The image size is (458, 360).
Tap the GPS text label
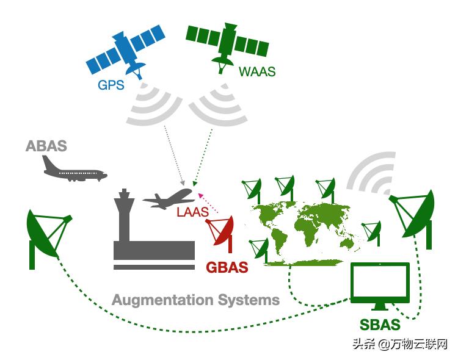pos(111,85)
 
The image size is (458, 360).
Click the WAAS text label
pos(256,71)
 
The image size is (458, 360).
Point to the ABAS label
pos(46,146)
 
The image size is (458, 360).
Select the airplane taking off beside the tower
pos(169,198)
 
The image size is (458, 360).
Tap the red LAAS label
pos(192,213)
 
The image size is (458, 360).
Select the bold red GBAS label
pos(227,267)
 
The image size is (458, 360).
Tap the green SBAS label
pos(379,324)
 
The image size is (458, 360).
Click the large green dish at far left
pos(47,234)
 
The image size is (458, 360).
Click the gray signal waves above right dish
pos(371,171)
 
